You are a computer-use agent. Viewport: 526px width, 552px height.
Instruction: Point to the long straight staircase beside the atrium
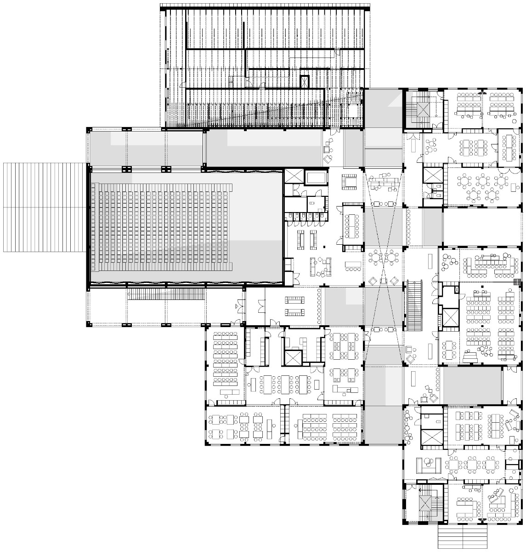[415, 306]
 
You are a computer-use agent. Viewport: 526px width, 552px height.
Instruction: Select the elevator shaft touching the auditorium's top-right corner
[293, 178]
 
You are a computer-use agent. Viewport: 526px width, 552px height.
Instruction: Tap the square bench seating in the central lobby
[350, 182]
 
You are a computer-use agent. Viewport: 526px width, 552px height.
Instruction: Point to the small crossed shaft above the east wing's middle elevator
[456, 290]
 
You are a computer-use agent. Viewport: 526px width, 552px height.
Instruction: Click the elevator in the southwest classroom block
[292, 357]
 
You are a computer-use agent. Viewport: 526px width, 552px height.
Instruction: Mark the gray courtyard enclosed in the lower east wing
[472, 384]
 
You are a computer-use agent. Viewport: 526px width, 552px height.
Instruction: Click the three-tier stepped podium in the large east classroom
[469, 356]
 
